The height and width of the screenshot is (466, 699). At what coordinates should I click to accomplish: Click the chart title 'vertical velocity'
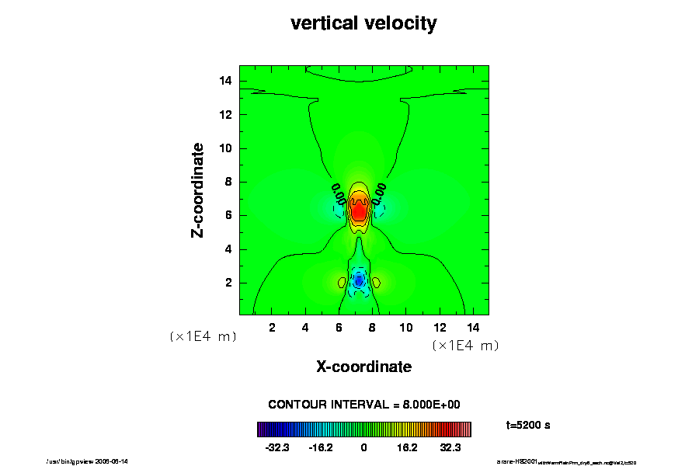(363, 23)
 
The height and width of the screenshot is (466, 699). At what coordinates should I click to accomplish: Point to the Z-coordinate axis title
(198, 190)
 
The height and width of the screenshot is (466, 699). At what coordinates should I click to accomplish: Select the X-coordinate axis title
(363, 367)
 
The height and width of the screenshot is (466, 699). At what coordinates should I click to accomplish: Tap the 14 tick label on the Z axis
(226, 81)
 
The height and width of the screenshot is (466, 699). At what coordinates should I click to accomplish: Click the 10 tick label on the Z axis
(226, 148)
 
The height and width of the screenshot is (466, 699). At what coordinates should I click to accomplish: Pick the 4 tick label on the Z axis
(229, 249)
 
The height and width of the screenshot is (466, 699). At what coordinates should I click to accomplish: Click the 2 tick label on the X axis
(272, 328)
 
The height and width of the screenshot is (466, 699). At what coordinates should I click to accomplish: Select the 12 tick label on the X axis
(439, 328)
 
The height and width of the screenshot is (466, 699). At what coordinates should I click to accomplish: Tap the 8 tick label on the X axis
(372, 328)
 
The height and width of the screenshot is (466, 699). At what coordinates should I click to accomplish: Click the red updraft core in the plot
(359, 211)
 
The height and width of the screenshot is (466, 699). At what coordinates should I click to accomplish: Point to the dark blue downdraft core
(358, 281)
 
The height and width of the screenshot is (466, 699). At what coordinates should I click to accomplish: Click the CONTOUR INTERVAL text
(364, 405)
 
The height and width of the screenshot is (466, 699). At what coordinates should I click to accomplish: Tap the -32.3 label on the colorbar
(277, 448)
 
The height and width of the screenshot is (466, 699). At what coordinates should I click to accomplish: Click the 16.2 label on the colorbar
(406, 448)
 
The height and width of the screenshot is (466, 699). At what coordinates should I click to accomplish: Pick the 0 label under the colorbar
(363, 448)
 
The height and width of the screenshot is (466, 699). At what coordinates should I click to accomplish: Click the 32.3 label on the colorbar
(450, 448)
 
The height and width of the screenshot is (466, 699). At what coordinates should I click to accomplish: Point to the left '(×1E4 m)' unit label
(203, 337)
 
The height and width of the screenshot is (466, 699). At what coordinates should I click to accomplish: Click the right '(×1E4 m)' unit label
(465, 346)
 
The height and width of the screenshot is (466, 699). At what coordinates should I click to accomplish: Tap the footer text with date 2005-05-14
(88, 461)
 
